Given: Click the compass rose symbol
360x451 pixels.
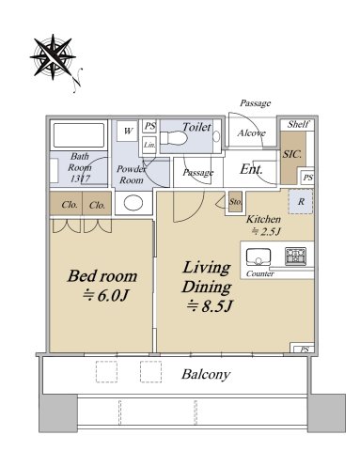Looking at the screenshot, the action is point(53,57).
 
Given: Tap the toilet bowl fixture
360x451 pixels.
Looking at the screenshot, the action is point(173,137).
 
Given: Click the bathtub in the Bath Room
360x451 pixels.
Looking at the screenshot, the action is point(79,135).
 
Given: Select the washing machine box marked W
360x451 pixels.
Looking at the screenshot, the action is point(128,131).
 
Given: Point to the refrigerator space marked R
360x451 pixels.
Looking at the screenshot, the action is point(301,201).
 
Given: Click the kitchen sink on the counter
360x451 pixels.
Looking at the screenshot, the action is point(258,257).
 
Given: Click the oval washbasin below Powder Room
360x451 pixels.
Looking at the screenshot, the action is point(133,203).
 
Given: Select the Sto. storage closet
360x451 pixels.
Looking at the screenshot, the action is point(235,202).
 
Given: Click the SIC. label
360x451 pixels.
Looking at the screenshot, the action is point(292,154).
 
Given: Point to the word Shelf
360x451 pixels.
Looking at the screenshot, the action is point(298,124).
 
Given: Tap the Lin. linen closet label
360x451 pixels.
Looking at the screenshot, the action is point(149,145).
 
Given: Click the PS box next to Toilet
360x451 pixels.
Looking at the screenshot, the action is point(149,126).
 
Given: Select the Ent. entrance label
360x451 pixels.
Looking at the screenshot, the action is point(251,169).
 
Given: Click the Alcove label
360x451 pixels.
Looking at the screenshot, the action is point(251,133).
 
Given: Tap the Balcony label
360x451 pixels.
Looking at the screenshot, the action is point(206,374).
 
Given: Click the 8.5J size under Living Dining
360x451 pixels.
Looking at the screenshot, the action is point(210,305).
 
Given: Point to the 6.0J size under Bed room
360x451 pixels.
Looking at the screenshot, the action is point(105,295).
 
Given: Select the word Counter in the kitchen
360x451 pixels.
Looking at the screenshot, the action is point(259,273).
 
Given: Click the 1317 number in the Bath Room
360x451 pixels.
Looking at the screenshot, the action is point(80,179).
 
